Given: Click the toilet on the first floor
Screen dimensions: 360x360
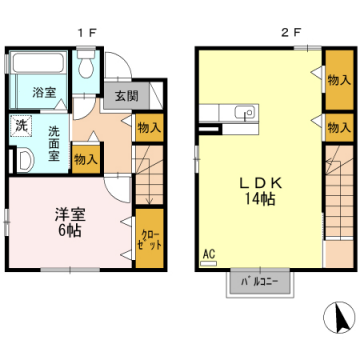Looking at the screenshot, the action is click(x=86, y=64).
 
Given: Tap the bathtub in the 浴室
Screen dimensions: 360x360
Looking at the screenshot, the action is click(x=38, y=62).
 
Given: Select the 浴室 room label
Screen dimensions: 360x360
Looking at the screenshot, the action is click(x=44, y=92).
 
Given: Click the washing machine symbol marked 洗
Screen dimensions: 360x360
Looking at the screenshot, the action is click(x=20, y=126).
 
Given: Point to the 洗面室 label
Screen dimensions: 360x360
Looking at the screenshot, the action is click(x=53, y=144).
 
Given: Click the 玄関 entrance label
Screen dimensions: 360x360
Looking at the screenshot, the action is click(x=127, y=96).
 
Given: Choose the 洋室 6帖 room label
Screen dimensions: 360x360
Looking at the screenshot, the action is click(x=70, y=222).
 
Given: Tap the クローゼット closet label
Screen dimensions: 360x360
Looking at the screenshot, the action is click(x=151, y=240).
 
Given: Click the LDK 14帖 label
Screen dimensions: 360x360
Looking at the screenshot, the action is click(x=260, y=191).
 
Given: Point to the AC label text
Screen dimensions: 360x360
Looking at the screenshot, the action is click(x=209, y=255).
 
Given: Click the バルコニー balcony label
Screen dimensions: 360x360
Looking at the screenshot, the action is click(x=260, y=283).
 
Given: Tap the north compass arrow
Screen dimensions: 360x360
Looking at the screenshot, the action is click(x=341, y=317).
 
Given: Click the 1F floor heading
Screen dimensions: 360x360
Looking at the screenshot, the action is click(x=87, y=32).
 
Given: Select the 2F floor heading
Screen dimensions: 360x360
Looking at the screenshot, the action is click(x=290, y=32).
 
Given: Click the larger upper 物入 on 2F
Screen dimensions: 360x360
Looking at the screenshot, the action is click(x=339, y=80).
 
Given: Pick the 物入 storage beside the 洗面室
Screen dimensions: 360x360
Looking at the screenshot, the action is click(x=86, y=159).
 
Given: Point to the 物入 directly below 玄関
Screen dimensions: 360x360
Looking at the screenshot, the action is click(x=150, y=128).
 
